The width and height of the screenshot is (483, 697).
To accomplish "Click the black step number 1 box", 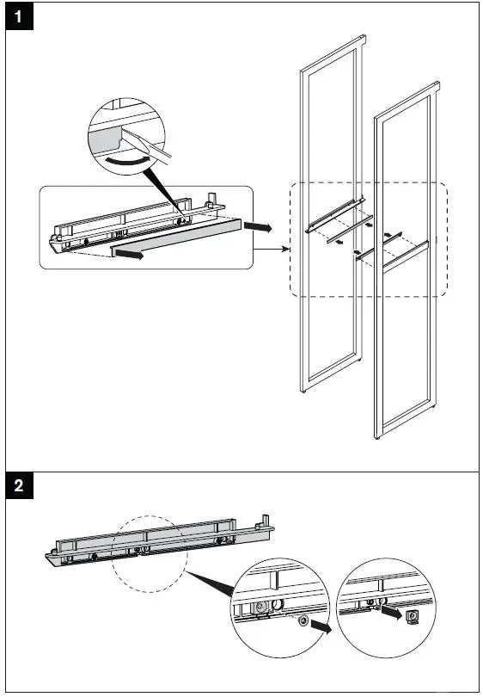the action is [x=19, y=17].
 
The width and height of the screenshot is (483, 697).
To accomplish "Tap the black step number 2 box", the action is [x=19, y=485].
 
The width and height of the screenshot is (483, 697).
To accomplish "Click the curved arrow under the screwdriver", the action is [x=126, y=160].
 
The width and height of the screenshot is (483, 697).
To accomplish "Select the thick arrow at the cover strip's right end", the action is [x=258, y=226].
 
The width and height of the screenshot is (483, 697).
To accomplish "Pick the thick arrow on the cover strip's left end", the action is [x=129, y=254].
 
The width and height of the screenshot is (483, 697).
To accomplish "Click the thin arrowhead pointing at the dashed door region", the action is [x=286, y=249].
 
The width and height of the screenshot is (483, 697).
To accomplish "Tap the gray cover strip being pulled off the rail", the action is [x=176, y=237].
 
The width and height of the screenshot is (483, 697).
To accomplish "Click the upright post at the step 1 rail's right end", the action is [x=212, y=199].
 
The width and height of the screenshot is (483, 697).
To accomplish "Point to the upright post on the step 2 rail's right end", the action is [x=266, y=521].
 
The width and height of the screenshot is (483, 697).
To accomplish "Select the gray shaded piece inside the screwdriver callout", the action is [x=105, y=139].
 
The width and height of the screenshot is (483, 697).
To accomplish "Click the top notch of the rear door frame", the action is [x=363, y=39].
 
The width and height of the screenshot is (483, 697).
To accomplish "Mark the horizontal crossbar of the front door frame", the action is [x=406, y=256].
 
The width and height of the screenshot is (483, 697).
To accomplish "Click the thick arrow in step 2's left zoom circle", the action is [x=321, y=626].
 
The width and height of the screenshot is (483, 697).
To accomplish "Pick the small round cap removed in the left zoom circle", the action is [x=303, y=621].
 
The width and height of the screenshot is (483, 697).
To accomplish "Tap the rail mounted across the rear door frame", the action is [x=335, y=215].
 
